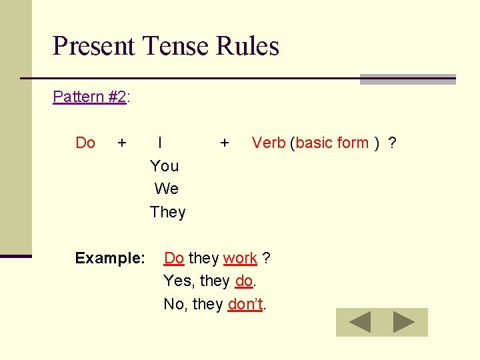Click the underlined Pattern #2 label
coord(89,97)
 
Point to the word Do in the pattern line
coord(85,143)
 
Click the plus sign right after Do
coord(122,143)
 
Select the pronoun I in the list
coord(161,143)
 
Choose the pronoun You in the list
coord(165,166)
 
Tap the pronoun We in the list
coord(166,189)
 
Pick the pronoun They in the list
coord(168,212)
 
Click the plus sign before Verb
coord(225,143)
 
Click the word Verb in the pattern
coord(269,143)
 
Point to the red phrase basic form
coord(332,143)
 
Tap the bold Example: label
coord(110,258)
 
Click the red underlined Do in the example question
coord(174,258)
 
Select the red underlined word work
coord(240,258)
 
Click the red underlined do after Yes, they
coord(244,281)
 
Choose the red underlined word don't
coord(246,305)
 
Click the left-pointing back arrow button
coord(360,323)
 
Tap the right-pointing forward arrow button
coord(404,323)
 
